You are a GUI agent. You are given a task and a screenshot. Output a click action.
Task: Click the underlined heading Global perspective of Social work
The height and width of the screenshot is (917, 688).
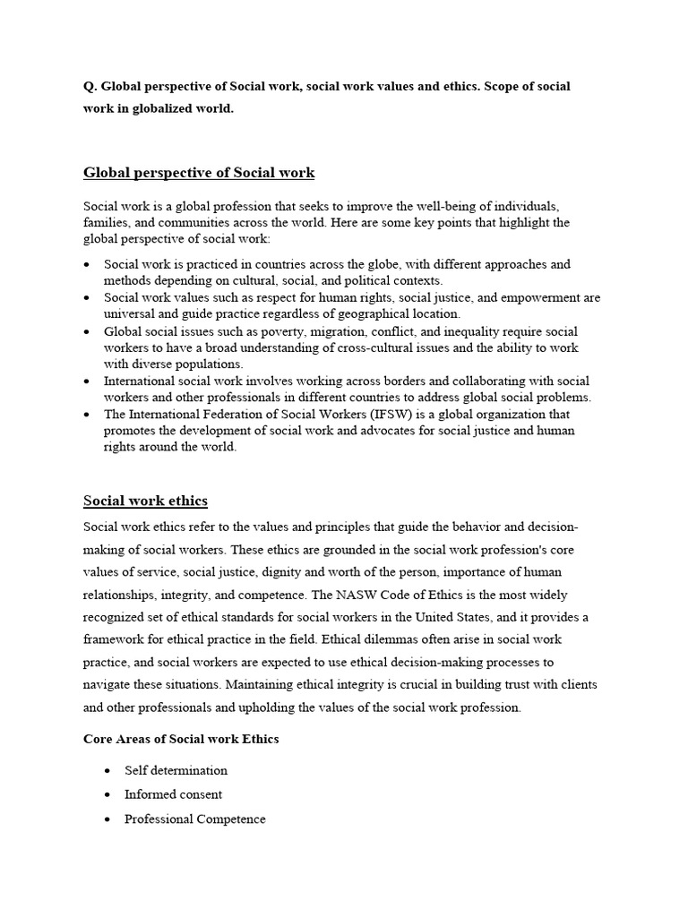click(x=198, y=172)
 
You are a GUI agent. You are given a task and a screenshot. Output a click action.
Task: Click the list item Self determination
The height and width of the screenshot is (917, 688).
click(x=176, y=770)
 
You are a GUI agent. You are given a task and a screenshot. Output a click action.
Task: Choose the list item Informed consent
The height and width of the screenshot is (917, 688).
click(x=173, y=794)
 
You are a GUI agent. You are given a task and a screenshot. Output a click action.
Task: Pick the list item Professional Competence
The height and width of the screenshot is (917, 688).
click(x=194, y=819)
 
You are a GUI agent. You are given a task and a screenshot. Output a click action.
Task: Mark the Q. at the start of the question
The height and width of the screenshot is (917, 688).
click(x=90, y=87)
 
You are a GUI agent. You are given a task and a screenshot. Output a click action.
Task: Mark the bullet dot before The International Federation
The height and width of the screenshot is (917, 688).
click(x=87, y=415)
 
